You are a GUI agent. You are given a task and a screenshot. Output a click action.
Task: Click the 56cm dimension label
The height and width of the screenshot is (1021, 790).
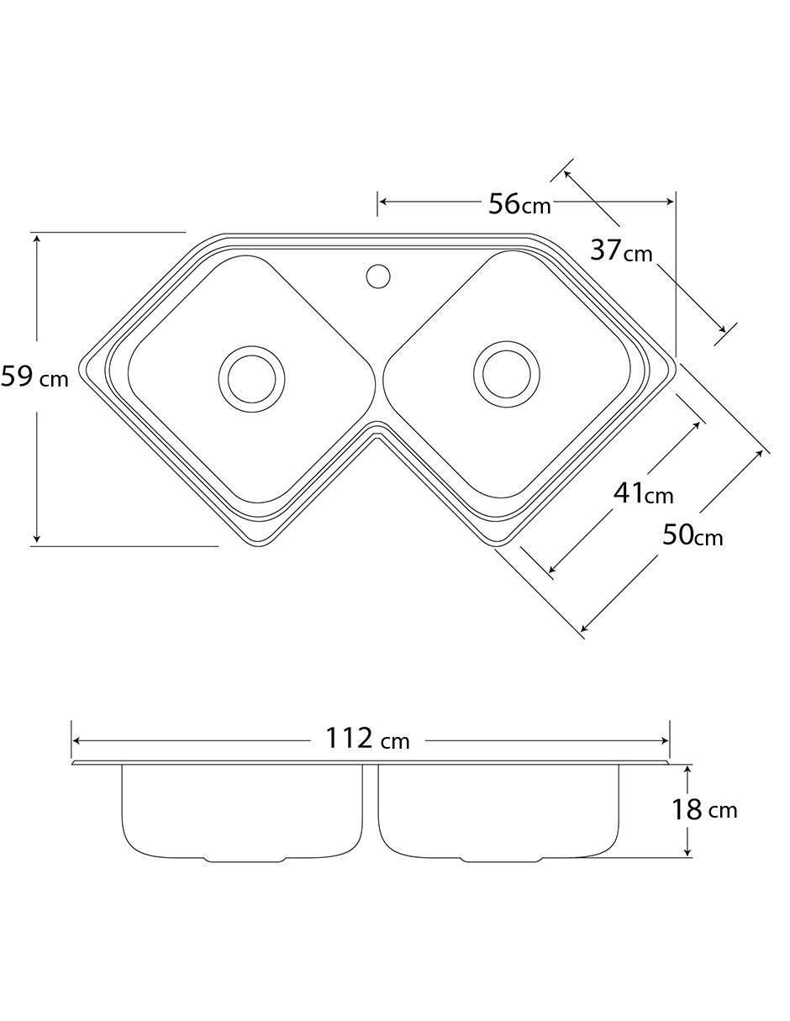[x=519, y=205]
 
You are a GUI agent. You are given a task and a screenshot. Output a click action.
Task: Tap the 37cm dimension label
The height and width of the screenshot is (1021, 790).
[x=621, y=250]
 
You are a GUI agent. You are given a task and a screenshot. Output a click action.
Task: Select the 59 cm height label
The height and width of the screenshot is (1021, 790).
[x=34, y=377]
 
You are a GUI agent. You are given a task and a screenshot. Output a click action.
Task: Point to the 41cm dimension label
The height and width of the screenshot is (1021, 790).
[x=644, y=493]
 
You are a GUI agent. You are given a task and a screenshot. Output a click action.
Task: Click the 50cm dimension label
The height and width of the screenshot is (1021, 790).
[x=693, y=535]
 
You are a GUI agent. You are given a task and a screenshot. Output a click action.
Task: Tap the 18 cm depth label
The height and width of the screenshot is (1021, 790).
[x=704, y=810]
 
